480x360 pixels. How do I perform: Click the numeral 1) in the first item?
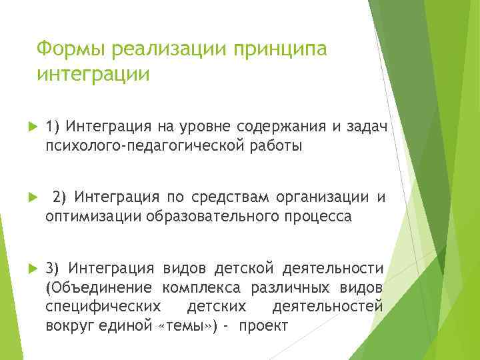[53, 127]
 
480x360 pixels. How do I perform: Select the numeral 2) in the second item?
[60, 197]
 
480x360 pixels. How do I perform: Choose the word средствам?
[223, 197]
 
